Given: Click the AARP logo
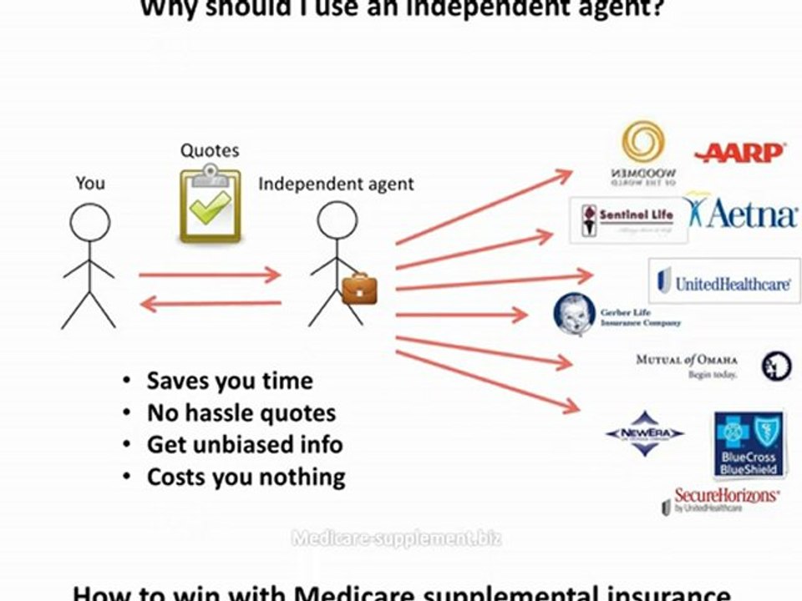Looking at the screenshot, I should pyautogui.click(x=739, y=153).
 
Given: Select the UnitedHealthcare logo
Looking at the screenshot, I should pyautogui.click(x=724, y=282).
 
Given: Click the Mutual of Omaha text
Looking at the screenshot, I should pyautogui.click(x=687, y=360).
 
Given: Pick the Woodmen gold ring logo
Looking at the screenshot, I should pyautogui.click(x=643, y=143).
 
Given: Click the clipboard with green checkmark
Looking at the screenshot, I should pyautogui.click(x=211, y=205).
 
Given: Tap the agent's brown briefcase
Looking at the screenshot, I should pyautogui.click(x=359, y=288).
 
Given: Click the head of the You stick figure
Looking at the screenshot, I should pyautogui.click(x=89, y=224).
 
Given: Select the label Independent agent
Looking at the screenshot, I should pyautogui.click(x=336, y=184).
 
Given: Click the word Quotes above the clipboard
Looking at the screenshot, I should pyautogui.click(x=210, y=151).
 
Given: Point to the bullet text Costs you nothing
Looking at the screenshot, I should pyautogui.click(x=246, y=477).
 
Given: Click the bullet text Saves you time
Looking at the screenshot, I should pyautogui.click(x=229, y=381).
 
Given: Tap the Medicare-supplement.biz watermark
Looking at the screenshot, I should pyautogui.click(x=397, y=538).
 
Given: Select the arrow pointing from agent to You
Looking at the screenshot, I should pyautogui.click(x=210, y=305).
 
